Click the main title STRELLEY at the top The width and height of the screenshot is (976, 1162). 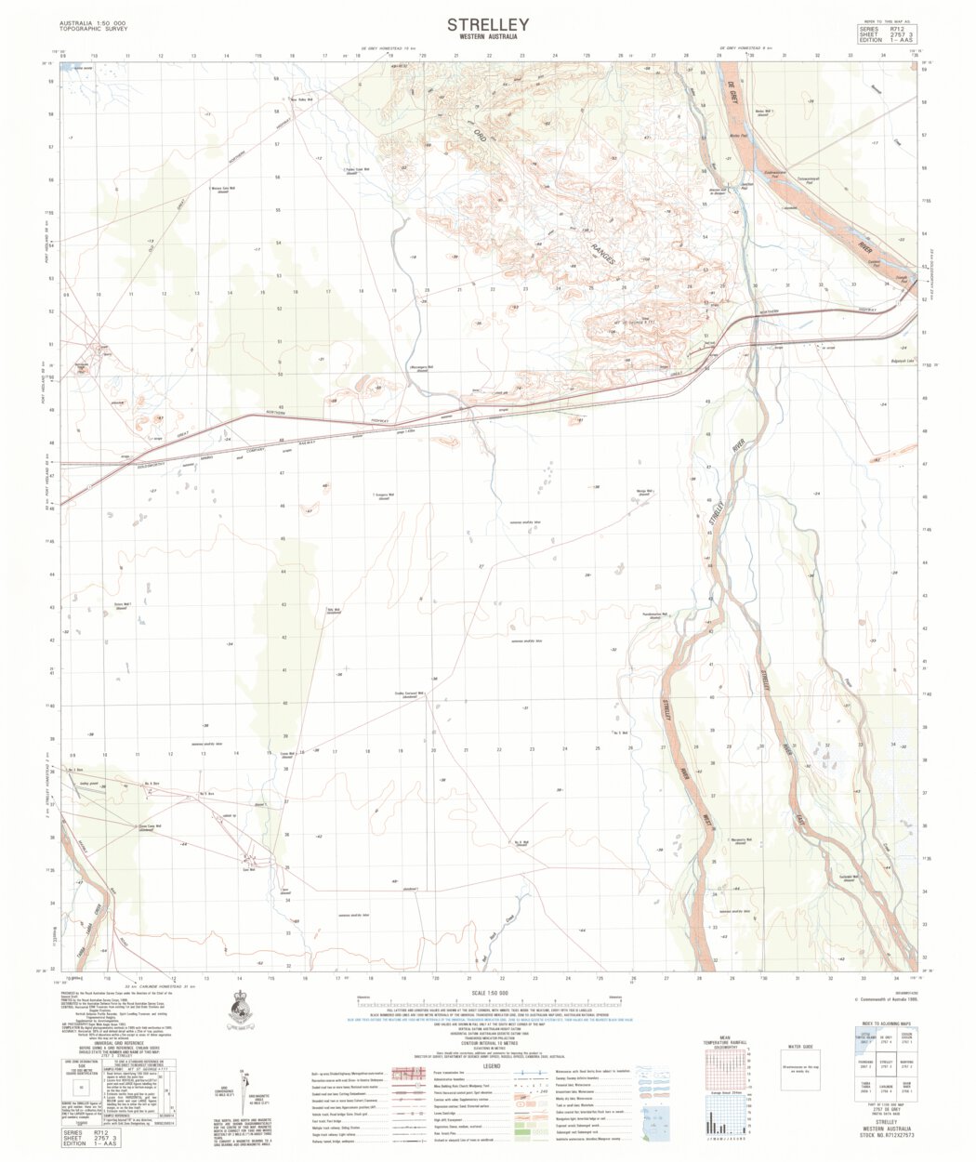click(488, 24)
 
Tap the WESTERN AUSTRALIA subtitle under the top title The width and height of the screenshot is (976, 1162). click(488, 38)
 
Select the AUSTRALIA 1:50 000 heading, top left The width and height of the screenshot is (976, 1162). click(93, 21)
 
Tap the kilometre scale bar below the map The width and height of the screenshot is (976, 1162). click(490, 1004)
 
